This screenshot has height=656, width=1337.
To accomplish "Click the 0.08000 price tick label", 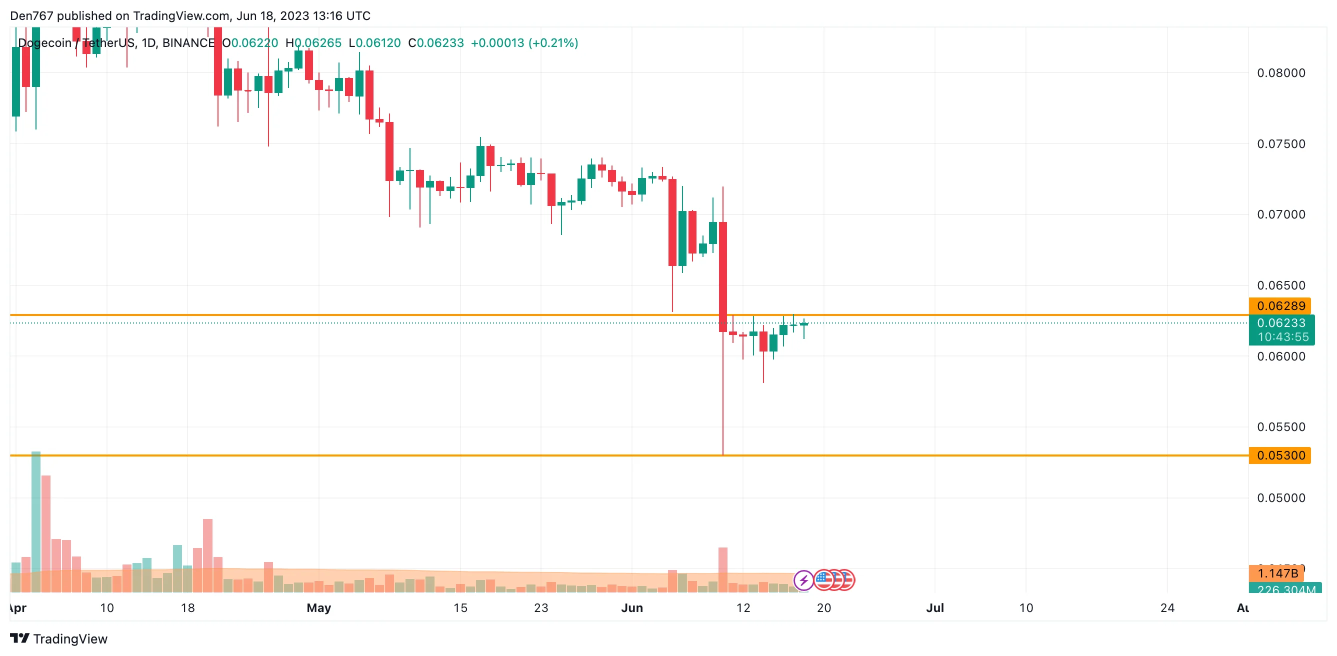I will click(x=1280, y=73).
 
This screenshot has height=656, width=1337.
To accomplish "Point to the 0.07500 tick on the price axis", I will click(x=1280, y=144).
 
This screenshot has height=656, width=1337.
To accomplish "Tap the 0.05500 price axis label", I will click(x=1280, y=427).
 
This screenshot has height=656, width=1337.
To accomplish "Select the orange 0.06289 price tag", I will click(x=1280, y=305).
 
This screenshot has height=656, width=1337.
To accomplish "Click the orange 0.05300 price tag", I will click(x=1280, y=455).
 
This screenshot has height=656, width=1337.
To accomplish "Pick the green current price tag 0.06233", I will click(x=1281, y=323).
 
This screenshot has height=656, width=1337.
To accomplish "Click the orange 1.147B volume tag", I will click(x=1277, y=573).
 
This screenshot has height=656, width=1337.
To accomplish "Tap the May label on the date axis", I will click(x=318, y=607).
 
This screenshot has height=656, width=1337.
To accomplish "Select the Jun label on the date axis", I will click(x=631, y=607).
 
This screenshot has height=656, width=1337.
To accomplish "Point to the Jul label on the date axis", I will click(x=935, y=607).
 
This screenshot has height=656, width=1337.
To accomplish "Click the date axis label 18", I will click(x=187, y=607).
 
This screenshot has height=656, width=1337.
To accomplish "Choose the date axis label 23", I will click(x=541, y=607).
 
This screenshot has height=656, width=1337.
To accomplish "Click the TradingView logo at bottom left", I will click(x=58, y=638).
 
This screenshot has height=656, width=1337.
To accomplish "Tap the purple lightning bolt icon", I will click(x=803, y=580).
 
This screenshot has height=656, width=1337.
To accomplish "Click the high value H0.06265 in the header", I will click(x=313, y=43).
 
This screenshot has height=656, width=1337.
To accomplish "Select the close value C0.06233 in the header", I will click(x=436, y=43).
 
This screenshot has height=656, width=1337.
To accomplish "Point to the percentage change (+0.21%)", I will click(x=553, y=43).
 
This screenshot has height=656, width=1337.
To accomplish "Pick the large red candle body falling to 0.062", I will click(x=722, y=276).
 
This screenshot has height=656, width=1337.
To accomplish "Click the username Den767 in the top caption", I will click(x=31, y=16).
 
